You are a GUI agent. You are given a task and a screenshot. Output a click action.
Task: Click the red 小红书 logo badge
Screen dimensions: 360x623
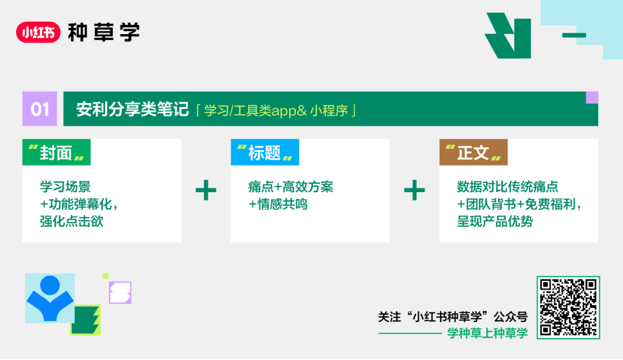38,32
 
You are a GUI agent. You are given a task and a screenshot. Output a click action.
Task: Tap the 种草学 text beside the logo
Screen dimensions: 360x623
104,32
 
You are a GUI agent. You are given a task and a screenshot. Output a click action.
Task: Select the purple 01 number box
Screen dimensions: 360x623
40,108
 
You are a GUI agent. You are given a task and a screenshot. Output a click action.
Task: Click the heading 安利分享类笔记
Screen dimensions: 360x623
132,109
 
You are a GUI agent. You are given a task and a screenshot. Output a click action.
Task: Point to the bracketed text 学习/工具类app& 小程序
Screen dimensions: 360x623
276,110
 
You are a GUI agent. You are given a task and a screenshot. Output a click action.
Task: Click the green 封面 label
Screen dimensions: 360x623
57,152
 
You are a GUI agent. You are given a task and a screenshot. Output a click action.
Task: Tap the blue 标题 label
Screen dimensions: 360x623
265,152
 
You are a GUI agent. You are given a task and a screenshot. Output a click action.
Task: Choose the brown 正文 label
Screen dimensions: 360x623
473,152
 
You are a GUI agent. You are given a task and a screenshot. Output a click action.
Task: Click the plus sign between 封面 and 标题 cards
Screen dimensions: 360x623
206,190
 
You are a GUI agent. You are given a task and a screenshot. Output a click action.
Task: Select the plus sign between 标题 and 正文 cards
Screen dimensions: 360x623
414,190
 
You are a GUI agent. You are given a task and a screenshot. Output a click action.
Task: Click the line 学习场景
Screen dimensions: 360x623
65,187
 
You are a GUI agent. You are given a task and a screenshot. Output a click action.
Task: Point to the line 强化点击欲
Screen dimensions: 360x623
72,221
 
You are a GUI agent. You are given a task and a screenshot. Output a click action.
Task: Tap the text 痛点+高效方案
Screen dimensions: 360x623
291,187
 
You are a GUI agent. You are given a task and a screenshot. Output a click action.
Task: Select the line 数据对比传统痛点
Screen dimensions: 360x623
508,187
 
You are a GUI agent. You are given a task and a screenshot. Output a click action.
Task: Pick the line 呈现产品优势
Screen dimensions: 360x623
495,222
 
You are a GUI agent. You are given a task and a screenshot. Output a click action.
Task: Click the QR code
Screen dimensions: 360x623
568,307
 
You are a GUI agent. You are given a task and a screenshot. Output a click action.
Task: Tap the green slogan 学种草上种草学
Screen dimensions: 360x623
487,333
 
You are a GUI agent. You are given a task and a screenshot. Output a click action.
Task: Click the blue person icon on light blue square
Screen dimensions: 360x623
50,298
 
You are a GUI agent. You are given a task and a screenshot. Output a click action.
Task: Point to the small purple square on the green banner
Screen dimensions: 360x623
592,97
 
